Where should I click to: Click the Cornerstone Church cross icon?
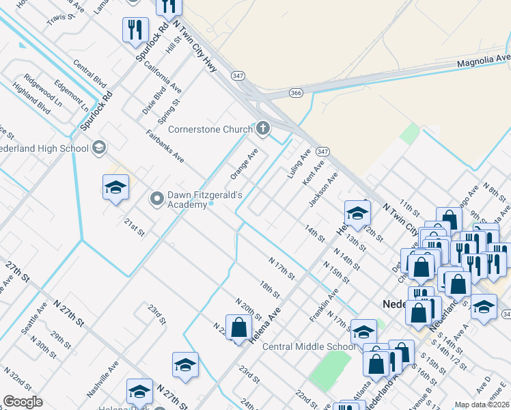(263, 128)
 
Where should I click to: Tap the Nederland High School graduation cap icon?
(99, 148)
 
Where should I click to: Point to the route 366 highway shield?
(296, 92)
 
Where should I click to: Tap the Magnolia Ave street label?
(484, 61)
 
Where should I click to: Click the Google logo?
(23, 402)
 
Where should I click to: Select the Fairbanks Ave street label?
(165, 146)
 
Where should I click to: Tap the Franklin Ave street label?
(323, 305)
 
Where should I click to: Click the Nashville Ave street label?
(102, 380)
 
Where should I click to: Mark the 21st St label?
(135, 228)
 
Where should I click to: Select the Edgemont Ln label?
(72, 96)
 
